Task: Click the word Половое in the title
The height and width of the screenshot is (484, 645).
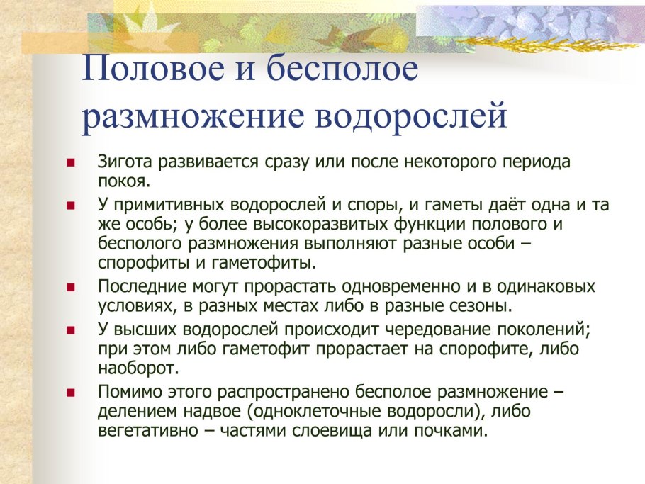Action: (x=153, y=68)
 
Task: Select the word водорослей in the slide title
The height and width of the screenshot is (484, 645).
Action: (x=411, y=115)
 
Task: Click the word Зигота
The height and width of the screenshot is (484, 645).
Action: (x=125, y=162)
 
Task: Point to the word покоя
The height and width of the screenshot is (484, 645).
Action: (x=124, y=181)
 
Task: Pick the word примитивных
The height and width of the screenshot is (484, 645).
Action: (x=167, y=205)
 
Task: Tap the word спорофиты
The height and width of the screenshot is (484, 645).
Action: (x=144, y=263)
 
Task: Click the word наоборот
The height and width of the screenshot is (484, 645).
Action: (x=139, y=368)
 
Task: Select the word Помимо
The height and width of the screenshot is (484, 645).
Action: (x=129, y=392)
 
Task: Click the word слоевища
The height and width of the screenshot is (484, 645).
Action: (x=332, y=431)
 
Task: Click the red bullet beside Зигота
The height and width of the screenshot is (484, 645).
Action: (x=71, y=163)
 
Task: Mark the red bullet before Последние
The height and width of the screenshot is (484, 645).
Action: (x=71, y=287)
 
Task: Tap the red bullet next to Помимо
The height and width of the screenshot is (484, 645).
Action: (x=71, y=393)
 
